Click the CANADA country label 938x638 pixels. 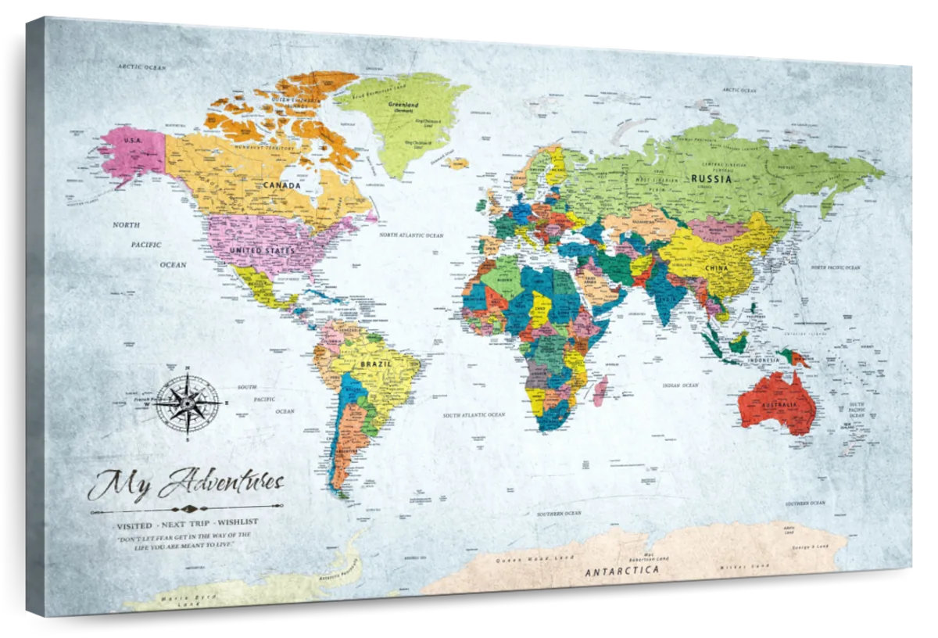pyautogui.click(x=281, y=185)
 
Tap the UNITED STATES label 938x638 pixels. pyautogui.click(x=262, y=250)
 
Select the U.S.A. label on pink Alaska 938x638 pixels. pyautogui.click(x=133, y=140)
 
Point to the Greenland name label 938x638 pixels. pyautogui.click(x=403, y=104)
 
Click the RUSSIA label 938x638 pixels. pyautogui.click(x=711, y=178)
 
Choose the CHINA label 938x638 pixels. pyautogui.click(x=715, y=268)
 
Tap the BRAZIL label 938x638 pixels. pyautogui.click(x=375, y=364)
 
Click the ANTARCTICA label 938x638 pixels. pyautogui.click(x=621, y=570)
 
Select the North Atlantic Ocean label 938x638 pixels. pyautogui.click(x=411, y=235)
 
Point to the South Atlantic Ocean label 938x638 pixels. pyautogui.click(x=474, y=415)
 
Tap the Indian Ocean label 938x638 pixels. pyautogui.click(x=680, y=385)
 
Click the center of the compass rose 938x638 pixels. pyautogui.click(x=188, y=403)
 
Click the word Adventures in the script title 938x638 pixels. pyautogui.click(x=221, y=482)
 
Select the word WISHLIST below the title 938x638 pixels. pyautogui.click(x=238, y=521)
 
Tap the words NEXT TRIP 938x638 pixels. pyautogui.click(x=186, y=521)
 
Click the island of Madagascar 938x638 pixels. pyautogui.click(x=600, y=389)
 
